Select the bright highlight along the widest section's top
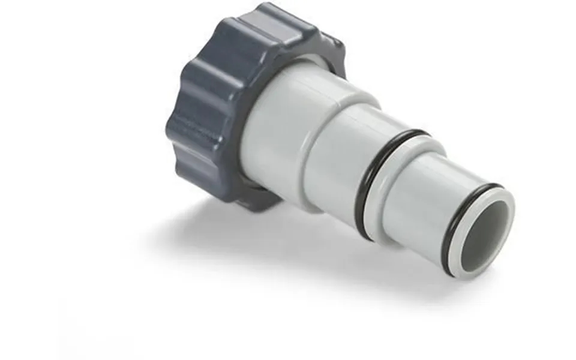pos(300,81)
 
